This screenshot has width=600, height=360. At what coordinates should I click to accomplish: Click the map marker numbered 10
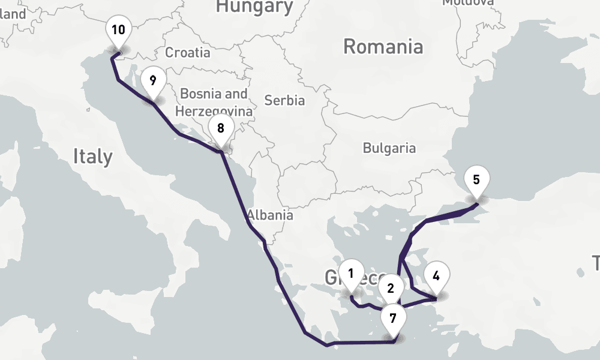pyautogui.click(x=118, y=30)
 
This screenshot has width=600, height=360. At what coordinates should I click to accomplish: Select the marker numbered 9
pyautogui.click(x=154, y=80)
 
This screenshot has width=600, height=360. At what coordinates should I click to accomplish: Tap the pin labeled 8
pyautogui.click(x=221, y=128)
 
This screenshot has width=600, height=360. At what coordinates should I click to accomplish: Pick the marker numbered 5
pyautogui.click(x=476, y=179)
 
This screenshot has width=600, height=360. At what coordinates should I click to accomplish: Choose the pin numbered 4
pyautogui.click(x=436, y=277)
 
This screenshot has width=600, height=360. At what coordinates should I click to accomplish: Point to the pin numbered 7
pyautogui.click(x=393, y=319)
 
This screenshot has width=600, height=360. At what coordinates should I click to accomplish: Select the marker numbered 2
pyautogui.click(x=391, y=289)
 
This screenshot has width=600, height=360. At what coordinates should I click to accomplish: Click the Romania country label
pyautogui.click(x=383, y=46)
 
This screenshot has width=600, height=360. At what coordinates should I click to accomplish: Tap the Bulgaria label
pyautogui.click(x=389, y=148)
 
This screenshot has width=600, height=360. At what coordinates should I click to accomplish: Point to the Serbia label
pyautogui.click(x=284, y=100)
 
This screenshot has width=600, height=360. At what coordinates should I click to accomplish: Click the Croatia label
pyautogui.click(x=188, y=52)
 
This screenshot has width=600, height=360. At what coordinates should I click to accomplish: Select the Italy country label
pyautogui.click(x=92, y=157)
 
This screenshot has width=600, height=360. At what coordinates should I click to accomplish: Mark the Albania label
pyautogui.click(x=270, y=215)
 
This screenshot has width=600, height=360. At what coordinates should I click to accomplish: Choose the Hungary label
pyautogui.click(x=254, y=7)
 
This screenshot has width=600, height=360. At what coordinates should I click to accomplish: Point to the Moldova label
pyautogui.click(x=468, y=2)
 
